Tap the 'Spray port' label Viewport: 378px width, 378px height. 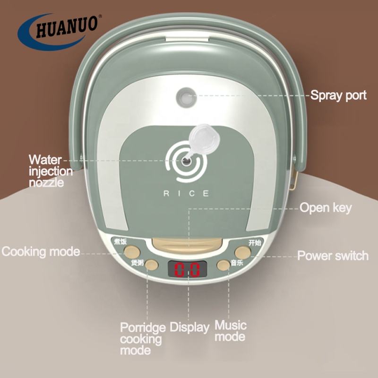(x=338, y=95)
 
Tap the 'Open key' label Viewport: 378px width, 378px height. (x=326, y=207)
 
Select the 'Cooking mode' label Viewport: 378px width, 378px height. (x=41, y=251)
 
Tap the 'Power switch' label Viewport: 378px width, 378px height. (x=333, y=256)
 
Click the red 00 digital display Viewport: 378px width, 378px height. (x=187, y=270)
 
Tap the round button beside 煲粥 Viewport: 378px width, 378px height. (x=151, y=265)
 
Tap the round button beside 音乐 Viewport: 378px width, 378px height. (x=223, y=265)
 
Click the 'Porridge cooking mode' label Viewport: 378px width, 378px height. (x=142, y=338)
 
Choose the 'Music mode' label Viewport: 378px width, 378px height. (x=231, y=331)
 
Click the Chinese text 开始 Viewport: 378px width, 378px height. (x=255, y=242)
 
